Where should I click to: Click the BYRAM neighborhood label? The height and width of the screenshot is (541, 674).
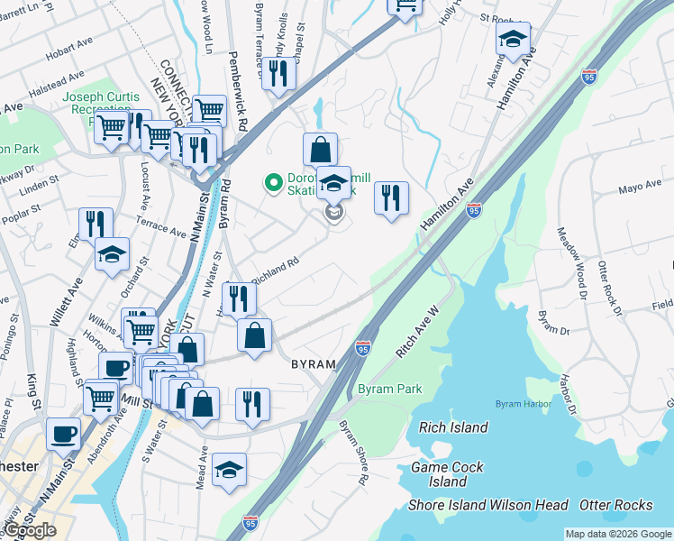313,364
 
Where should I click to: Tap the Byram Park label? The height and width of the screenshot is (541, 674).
390,389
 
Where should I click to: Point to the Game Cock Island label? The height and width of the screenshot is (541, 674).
447,474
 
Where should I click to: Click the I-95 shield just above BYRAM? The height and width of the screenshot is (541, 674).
362,346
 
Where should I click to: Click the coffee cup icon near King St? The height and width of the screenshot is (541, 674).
63,434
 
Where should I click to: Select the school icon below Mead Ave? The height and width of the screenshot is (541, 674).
229,469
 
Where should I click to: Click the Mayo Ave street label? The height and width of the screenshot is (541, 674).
640,189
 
